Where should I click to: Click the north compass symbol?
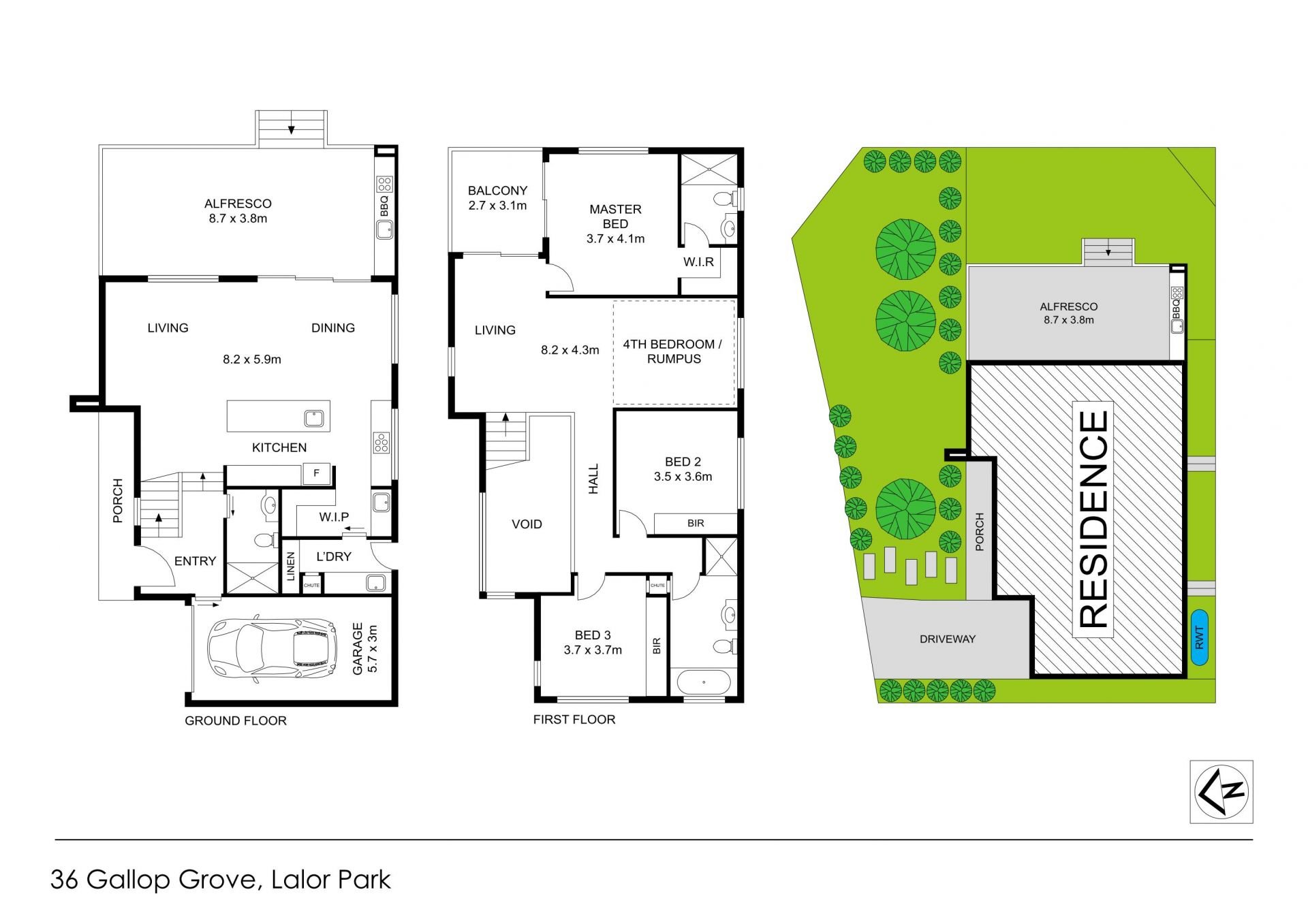[x=1221, y=792]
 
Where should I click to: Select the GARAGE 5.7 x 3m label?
[x=364, y=650]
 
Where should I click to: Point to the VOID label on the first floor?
[x=527, y=524]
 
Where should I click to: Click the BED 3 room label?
[x=593, y=642]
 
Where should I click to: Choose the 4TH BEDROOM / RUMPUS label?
[x=672, y=351]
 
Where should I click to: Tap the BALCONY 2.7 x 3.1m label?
[x=497, y=198]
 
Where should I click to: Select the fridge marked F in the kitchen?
[x=317, y=473]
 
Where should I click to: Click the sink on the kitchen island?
[x=313, y=417]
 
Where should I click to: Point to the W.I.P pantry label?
[x=334, y=517]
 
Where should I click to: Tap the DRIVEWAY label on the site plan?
[x=948, y=639]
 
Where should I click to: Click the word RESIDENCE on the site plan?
[x=1094, y=519]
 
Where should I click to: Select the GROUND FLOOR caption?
[x=236, y=720]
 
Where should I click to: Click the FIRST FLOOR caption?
[x=574, y=719]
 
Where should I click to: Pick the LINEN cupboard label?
[x=291, y=567]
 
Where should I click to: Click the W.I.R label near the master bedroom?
[x=699, y=262]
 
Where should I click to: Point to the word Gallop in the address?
[x=129, y=880]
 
